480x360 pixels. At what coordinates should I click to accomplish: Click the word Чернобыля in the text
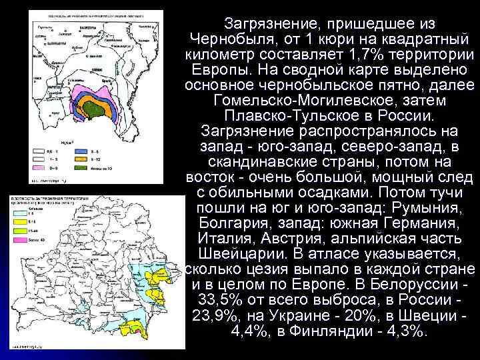click(x=231, y=38)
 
